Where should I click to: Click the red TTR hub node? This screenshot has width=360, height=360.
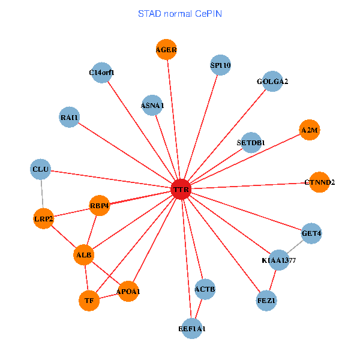coord(181,190)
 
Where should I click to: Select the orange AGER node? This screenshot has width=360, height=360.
coord(166,50)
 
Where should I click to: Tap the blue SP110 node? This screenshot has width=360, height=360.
coord(220,65)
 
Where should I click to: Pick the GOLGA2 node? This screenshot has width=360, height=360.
coord(272,81)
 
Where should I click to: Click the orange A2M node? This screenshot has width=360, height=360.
coord(310,130)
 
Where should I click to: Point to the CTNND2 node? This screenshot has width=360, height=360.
coord(320,182)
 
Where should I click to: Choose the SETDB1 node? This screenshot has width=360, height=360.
coord(251,142)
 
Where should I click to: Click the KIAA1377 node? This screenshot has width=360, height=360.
coord(279,260)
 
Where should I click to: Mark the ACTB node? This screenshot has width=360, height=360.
coord(205,289)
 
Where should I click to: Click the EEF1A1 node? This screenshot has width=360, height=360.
coord(192,329)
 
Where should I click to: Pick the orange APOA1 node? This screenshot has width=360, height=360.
coord(128,292)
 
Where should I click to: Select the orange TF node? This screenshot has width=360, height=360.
coord(89,301)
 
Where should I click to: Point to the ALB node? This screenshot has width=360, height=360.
coord(84,255)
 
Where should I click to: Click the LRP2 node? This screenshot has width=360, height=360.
coord(44,219)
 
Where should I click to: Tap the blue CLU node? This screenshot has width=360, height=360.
coord(40,169)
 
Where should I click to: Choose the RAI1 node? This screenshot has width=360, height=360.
coord(70,117)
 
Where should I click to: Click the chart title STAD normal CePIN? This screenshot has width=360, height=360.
coord(180,13)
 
